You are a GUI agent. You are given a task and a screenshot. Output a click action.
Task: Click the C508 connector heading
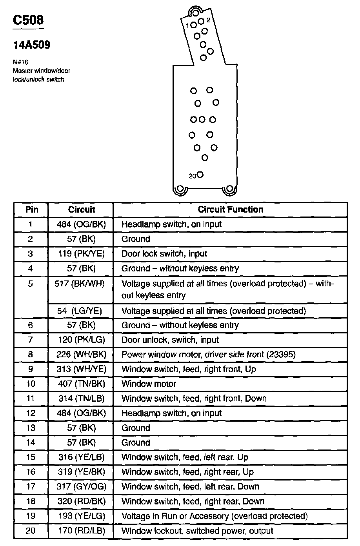coord(28,20)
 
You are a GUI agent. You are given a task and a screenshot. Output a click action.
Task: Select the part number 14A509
coord(32,45)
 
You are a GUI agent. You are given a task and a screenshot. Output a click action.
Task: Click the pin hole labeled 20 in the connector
coord(200,175)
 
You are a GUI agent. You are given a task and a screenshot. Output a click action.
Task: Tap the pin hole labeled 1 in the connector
coord(193,25)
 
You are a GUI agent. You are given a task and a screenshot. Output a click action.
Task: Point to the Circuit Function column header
coord(230,209)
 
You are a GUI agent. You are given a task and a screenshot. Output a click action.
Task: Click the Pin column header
coord(31,209)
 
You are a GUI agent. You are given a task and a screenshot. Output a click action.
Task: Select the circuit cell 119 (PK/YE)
coord(81,254)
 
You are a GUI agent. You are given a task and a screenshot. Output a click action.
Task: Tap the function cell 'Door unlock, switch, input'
coord(170,340)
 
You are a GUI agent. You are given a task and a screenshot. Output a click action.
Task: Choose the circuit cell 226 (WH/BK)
coord(81,355)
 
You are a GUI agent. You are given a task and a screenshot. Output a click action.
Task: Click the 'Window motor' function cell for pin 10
coord(149,384)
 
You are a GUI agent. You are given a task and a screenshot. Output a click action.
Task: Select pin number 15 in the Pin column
coord(31,457)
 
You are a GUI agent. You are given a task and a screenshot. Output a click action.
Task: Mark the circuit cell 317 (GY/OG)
coord(81,487)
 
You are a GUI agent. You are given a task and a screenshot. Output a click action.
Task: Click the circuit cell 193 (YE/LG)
coord(81,516)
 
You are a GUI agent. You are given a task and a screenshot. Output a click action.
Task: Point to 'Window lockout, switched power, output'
coord(197,531)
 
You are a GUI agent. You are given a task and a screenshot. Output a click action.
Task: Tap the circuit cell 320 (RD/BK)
coord(81,501)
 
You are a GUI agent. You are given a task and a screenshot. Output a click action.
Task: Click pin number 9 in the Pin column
coord(31,369)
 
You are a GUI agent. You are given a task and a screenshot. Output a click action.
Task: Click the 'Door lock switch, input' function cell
coord(164,254)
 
